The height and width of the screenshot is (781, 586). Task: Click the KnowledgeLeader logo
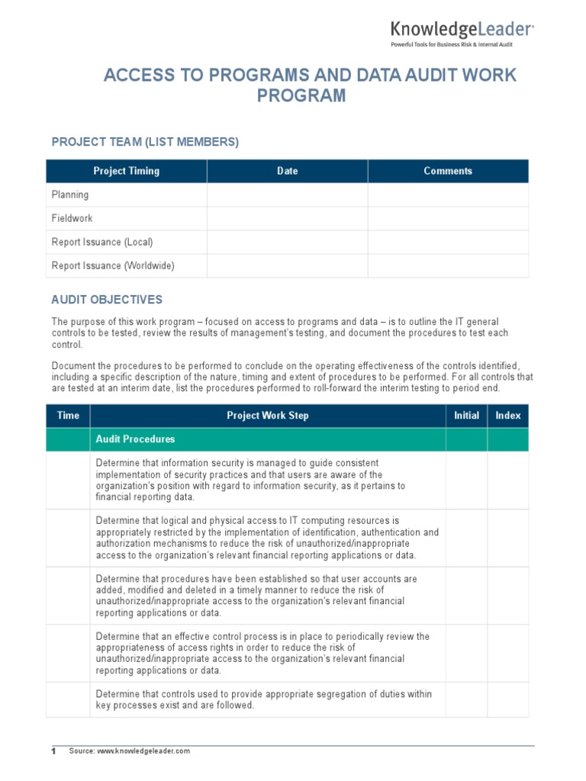tap(462, 33)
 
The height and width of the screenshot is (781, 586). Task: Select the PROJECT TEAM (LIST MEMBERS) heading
tap(145, 142)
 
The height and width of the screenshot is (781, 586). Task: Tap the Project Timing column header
tap(126, 171)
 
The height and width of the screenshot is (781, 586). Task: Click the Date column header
tap(287, 171)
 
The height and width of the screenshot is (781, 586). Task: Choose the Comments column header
tap(448, 171)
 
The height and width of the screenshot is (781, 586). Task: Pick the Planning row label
tap(70, 194)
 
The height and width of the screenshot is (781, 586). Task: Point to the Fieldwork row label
tap(72, 218)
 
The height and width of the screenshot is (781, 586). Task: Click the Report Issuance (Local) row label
tap(102, 242)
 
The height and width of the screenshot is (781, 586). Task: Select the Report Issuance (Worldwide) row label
tap(113, 265)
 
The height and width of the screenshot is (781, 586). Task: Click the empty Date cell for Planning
tap(287, 194)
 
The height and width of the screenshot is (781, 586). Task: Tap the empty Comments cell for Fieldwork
tap(448, 218)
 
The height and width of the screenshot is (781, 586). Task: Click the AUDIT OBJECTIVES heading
tap(107, 300)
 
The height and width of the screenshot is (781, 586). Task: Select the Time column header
tap(68, 416)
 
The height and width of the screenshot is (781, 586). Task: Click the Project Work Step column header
tap(268, 416)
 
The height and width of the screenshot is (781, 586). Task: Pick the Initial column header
tap(466, 416)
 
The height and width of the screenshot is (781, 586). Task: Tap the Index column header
tap(507, 416)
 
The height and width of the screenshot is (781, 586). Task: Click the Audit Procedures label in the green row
tap(135, 439)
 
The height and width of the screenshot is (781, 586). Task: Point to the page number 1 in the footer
tap(53, 751)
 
